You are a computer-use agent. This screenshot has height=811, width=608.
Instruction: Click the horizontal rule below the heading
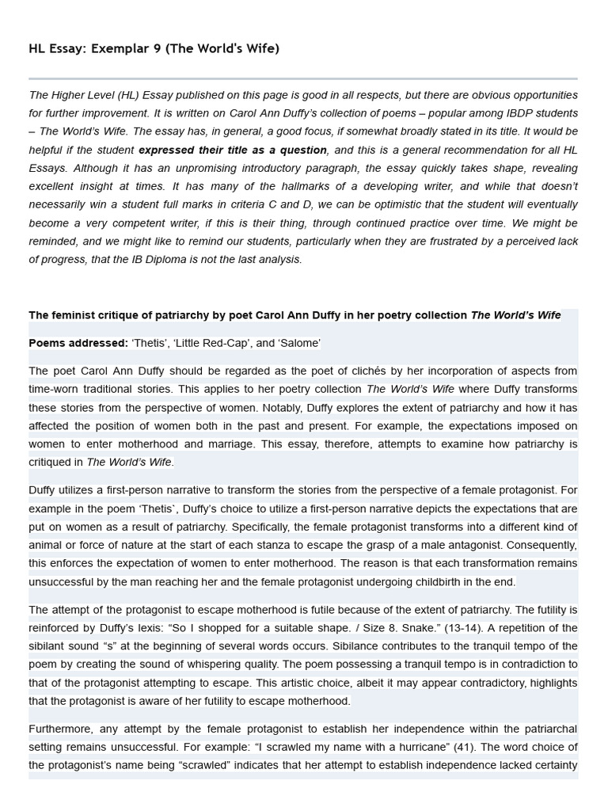click(303, 79)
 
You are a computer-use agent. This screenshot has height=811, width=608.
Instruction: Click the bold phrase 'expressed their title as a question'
click(233, 150)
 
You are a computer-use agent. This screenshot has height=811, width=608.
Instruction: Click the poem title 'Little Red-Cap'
click(218, 343)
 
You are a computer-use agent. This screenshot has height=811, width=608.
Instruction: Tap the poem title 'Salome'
click(298, 343)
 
